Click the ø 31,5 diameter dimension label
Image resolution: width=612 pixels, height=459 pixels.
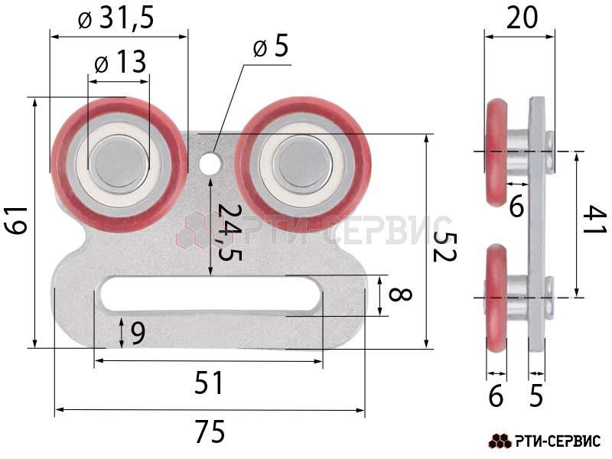coord(116,18)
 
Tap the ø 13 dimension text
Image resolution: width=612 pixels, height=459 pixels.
coord(121,62)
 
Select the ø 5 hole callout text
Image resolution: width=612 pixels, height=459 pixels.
coord(271,47)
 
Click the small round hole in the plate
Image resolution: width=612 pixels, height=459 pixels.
coord(210,163)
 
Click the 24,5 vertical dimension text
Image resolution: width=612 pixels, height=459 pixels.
coord(229,232)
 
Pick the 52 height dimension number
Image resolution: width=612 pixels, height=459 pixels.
coord(445,246)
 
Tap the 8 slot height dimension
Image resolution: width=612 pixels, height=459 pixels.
coord(400,295)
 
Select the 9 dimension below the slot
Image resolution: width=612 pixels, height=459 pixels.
coord(138,333)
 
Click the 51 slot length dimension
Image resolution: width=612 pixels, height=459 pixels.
coord(208,383)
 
